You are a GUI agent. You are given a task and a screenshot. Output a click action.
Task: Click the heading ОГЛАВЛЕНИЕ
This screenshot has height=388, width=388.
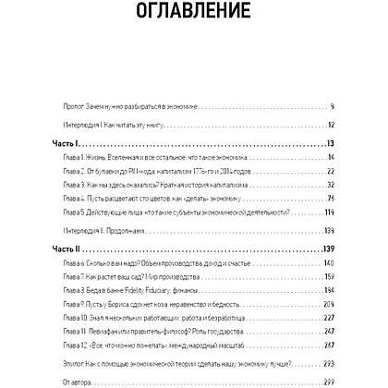click(194, 16)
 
